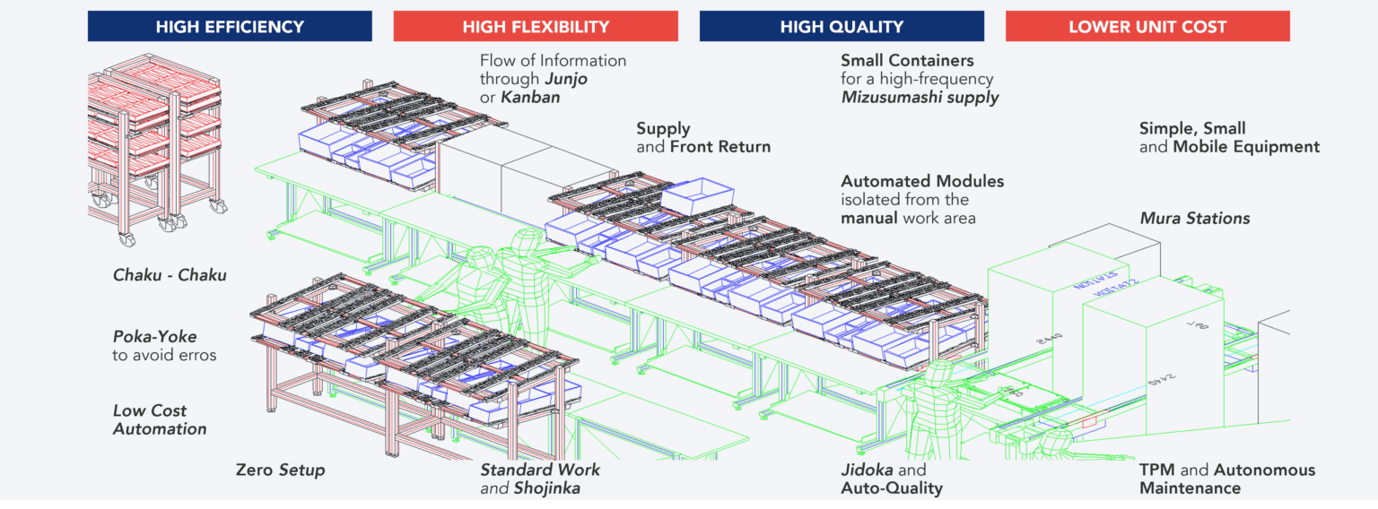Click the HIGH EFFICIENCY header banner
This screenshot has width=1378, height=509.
click(230, 27)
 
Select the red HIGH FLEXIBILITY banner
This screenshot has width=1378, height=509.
click(536, 27)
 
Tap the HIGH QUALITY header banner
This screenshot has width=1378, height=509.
click(841, 27)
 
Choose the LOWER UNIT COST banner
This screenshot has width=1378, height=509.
click(1147, 27)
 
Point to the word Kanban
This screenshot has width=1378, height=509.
click(530, 98)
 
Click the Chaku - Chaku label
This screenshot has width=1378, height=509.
click(170, 276)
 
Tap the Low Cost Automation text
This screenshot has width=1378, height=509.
click(159, 420)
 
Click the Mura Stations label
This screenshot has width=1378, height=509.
click(1194, 219)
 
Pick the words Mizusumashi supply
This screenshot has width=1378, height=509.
click(920, 98)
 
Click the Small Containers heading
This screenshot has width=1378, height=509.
click(907, 61)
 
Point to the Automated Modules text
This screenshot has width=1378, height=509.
click(922, 182)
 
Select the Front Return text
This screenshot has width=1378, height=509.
click(720, 147)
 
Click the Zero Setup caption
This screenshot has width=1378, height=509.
click(280, 470)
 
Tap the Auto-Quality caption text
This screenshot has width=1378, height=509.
click(891, 489)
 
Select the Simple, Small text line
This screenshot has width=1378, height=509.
click(1192, 129)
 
